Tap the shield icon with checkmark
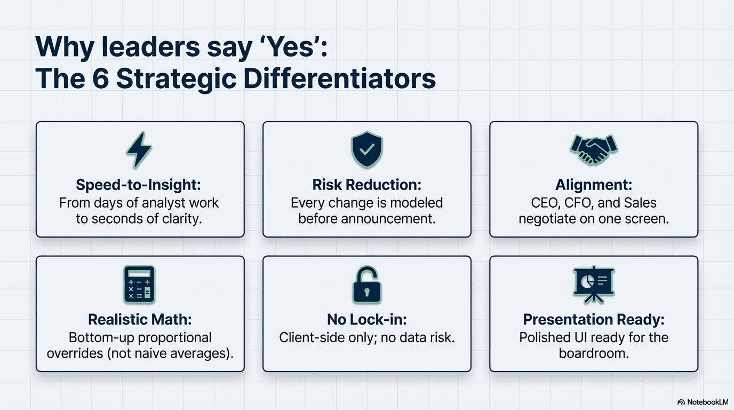[x=366, y=150]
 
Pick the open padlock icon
[x=366, y=285]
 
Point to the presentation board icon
[x=593, y=283]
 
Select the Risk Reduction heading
[x=366, y=185]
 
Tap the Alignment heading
[x=593, y=185]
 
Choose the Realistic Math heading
[x=140, y=319]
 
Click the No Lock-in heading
[x=366, y=319]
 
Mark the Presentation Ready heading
[x=593, y=319]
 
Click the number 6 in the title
[x=98, y=78]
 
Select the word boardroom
[x=593, y=353]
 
